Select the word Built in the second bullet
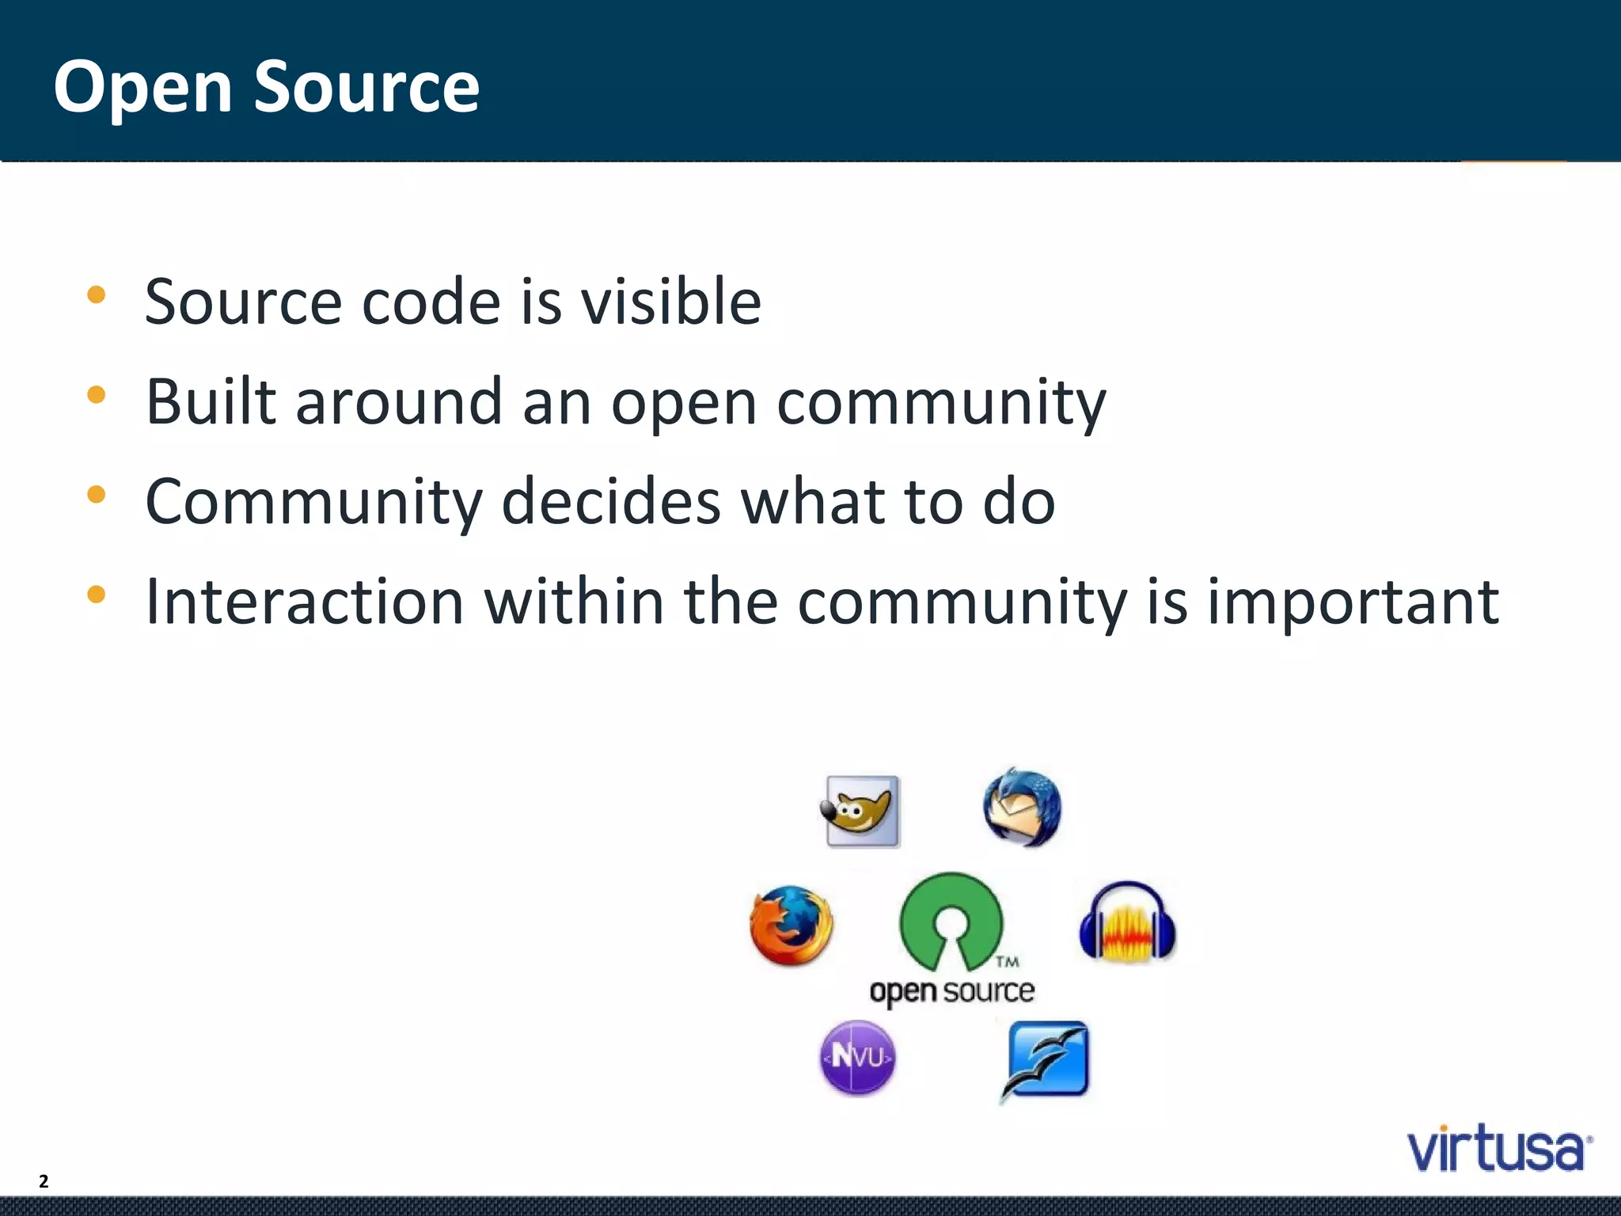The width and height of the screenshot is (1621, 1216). [x=211, y=401]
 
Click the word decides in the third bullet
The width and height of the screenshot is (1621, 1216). [x=611, y=501]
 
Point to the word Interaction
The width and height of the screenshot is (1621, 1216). [x=305, y=601]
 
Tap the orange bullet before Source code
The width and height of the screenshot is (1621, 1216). [x=97, y=295]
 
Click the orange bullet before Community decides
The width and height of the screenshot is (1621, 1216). [x=97, y=495]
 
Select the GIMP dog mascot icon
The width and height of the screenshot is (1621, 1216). [x=860, y=811]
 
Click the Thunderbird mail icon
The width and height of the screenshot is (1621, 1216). [x=1022, y=807]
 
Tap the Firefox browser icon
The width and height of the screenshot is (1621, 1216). [x=791, y=925]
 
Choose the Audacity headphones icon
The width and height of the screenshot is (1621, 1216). [x=1127, y=922]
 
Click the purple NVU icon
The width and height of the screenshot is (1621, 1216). [x=857, y=1058]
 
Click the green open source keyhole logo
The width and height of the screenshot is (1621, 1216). [x=951, y=918]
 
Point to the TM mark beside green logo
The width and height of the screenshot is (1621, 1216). [x=1007, y=962]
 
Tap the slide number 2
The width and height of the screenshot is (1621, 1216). [x=44, y=1181]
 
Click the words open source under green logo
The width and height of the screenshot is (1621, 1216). [x=951, y=991]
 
